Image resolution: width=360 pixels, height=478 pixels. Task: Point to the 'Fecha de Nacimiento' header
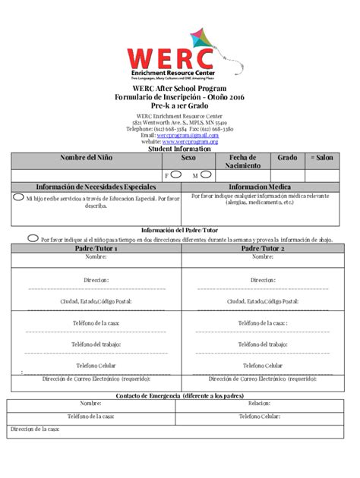point(244,161)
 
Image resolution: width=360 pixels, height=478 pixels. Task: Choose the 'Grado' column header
point(287,158)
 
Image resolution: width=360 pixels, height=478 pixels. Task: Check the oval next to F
point(175,174)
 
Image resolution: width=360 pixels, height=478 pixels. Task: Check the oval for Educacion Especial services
point(17,197)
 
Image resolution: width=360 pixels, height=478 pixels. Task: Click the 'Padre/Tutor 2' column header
point(261,248)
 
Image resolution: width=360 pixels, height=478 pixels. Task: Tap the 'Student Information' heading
point(180,149)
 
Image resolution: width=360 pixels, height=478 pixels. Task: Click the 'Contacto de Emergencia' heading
point(180,395)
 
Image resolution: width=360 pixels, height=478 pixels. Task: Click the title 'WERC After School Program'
point(180,90)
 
